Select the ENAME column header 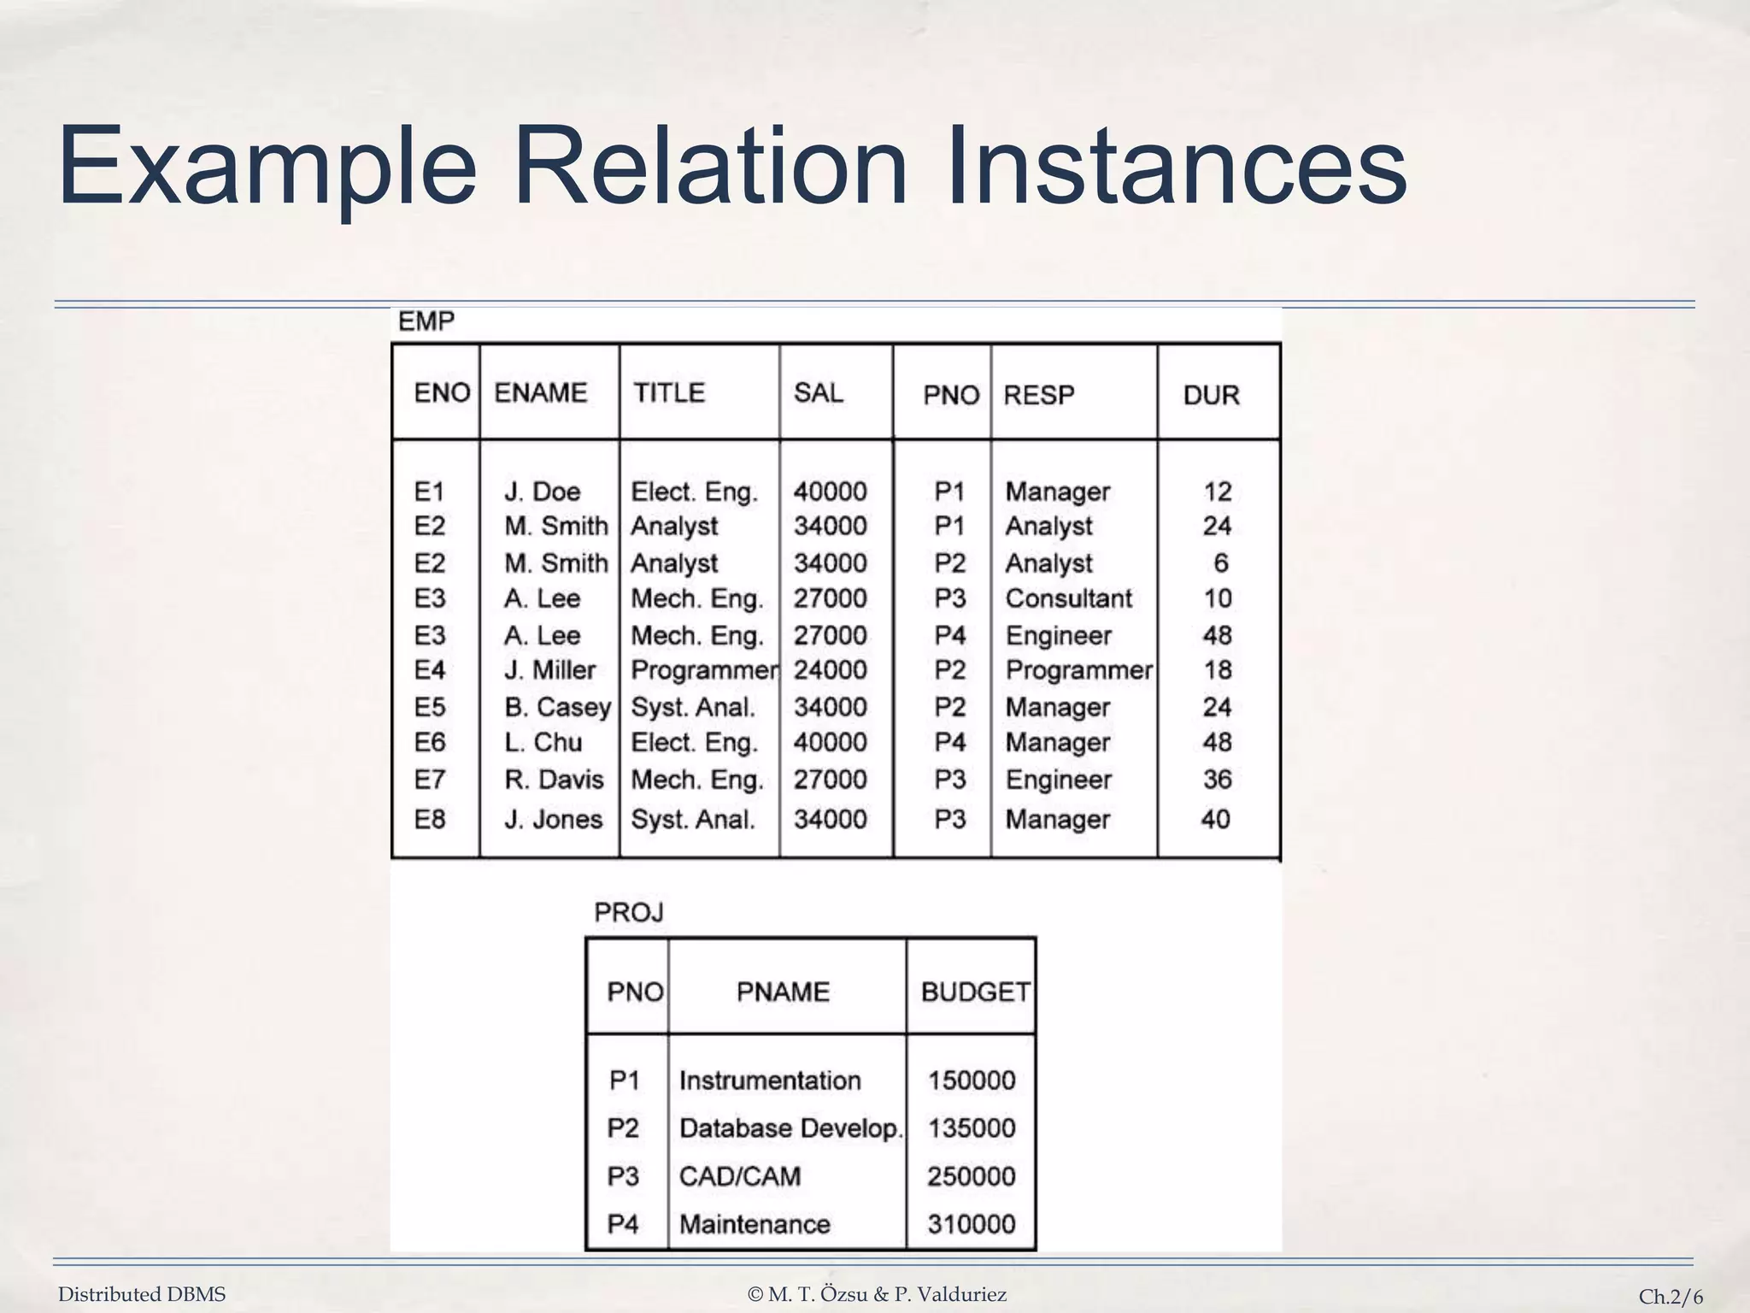tap(541, 392)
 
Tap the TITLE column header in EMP tap(669, 392)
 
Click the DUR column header tap(1211, 395)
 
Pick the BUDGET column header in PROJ tap(975, 992)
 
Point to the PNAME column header tap(783, 992)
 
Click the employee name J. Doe tap(542, 492)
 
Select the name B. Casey tap(557, 707)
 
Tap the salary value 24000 tap(830, 669)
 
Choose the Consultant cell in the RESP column tap(1068, 598)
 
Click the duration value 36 tap(1217, 779)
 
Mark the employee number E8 tap(430, 819)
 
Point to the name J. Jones tap(553, 819)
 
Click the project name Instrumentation tap(770, 1080)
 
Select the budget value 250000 tap(972, 1176)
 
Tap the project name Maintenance tap(755, 1224)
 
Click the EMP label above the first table tap(426, 321)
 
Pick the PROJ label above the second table tap(629, 913)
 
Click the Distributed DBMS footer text tap(142, 1294)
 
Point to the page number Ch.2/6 tap(1671, 1297)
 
